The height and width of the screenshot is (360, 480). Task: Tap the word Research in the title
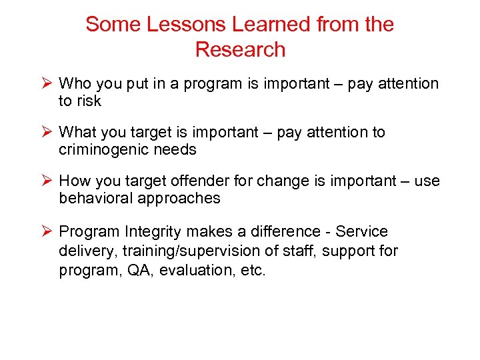pos(240,50)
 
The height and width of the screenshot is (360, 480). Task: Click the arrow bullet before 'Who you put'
pos(47,84)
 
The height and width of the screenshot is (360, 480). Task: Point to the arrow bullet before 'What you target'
pos(47,133)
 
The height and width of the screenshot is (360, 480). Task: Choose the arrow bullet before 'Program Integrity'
pos(47,231)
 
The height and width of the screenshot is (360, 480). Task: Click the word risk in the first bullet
pos(89,101)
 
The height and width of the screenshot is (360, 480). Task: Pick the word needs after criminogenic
pos(175,150)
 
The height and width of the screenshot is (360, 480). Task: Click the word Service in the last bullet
pos(361,231)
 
